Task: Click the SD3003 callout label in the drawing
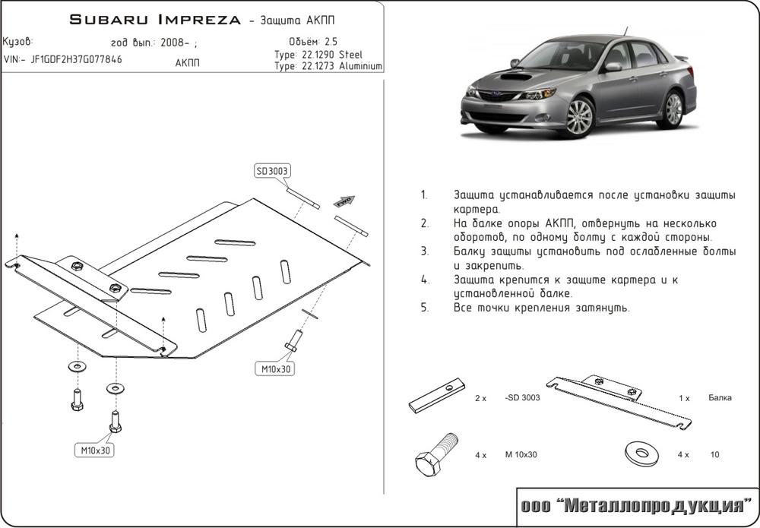(272, 172)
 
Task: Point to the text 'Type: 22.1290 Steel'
(318, 55)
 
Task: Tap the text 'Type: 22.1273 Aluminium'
(328, 67)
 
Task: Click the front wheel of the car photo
(579, 116)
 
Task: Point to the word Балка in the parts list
(720, 397)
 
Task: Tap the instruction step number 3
(424, 251)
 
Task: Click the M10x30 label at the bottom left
(97, 451)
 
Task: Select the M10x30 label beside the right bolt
(274, 368)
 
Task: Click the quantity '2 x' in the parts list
(480, 398)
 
